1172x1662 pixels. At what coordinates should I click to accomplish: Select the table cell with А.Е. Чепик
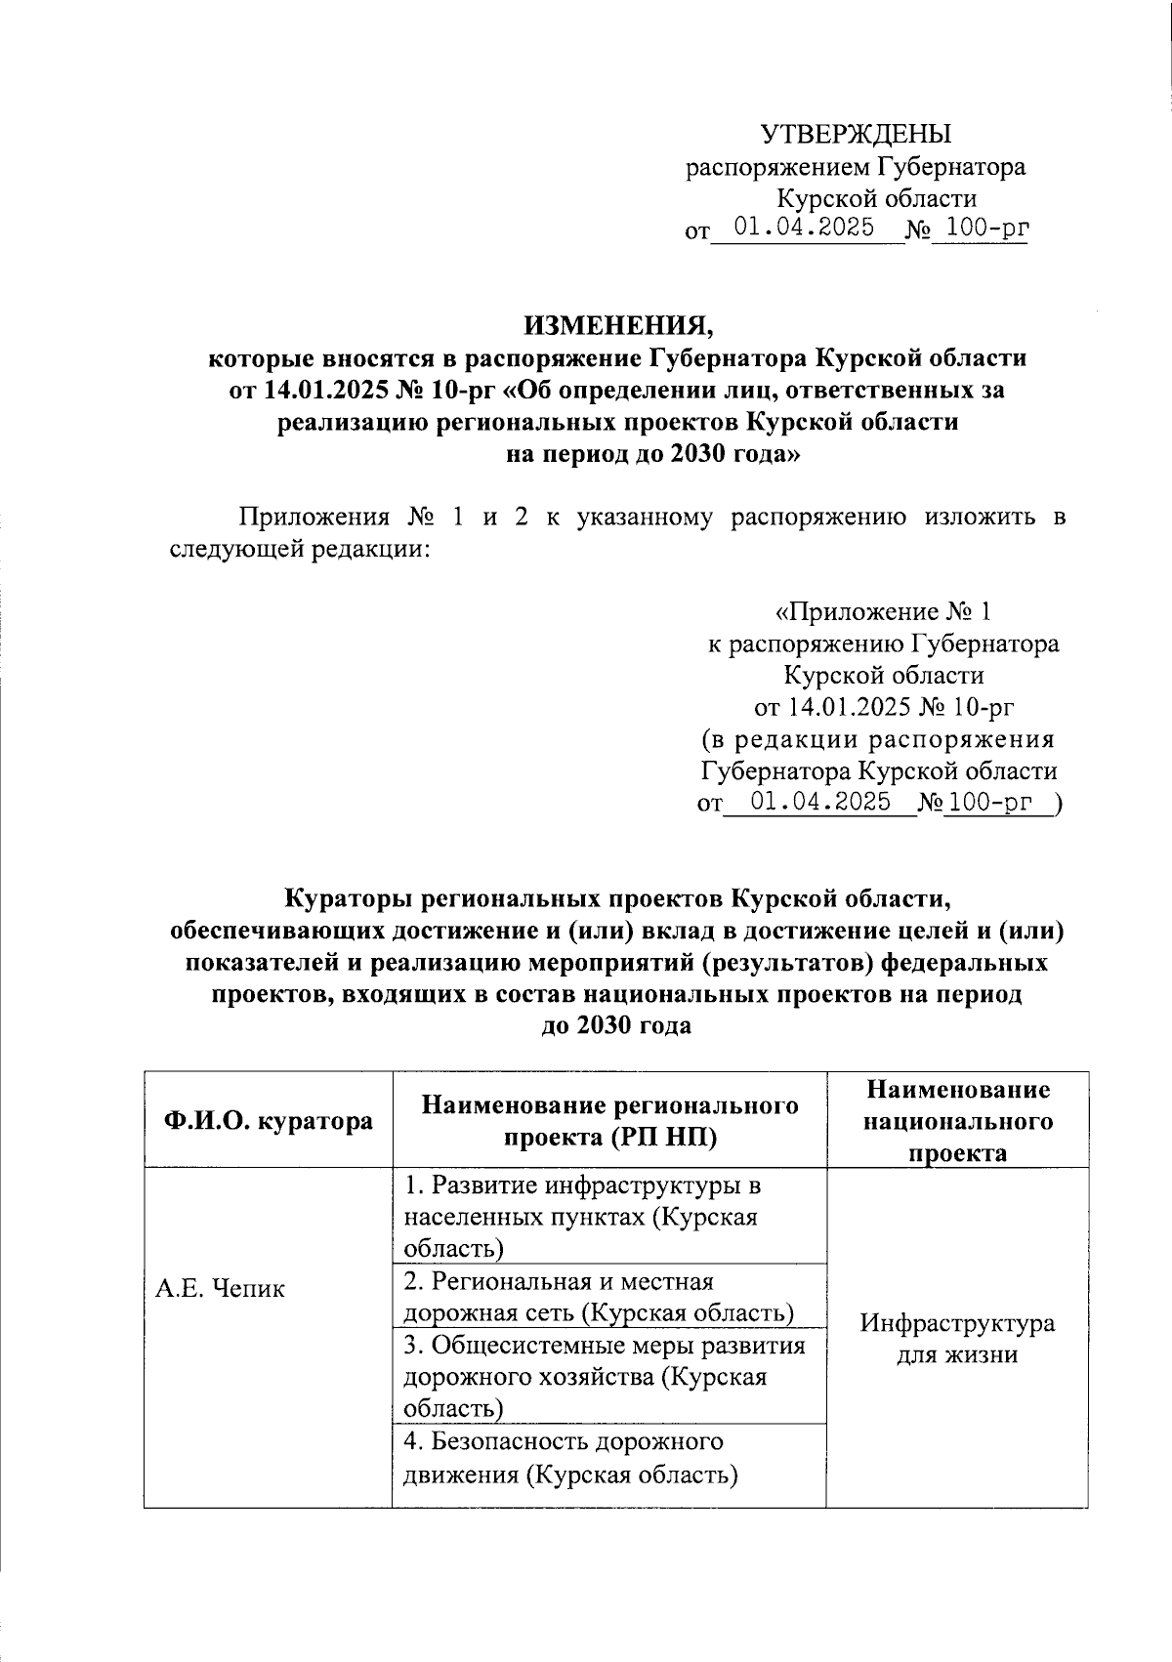click(221, 1289)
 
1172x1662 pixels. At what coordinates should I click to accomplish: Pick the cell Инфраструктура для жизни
click(957, 1339)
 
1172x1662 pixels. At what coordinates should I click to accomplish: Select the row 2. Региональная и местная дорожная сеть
click(598, 1297)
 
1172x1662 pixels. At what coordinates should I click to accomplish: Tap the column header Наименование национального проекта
click(957, 1120)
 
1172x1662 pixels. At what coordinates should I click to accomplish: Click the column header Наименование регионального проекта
click(609, 1120)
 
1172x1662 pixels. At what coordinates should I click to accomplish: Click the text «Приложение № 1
click(883, 612)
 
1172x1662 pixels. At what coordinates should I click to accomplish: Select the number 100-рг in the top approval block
click(980, 230)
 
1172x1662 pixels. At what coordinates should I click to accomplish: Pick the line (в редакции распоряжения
click(879, 739)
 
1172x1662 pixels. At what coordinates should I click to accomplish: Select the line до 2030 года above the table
click(616, 1026)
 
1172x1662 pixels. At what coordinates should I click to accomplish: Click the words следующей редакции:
click(300, 550)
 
